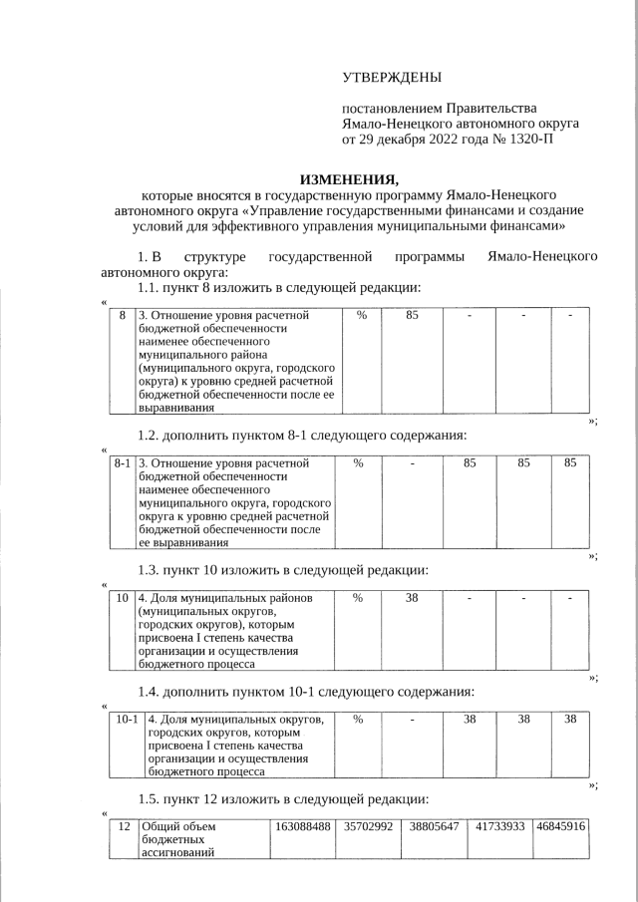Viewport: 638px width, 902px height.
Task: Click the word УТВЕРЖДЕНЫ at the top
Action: pyautogui.click(x=391, y=77)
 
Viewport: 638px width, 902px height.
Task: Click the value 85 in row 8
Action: pyautogui.click(x=412, y=316)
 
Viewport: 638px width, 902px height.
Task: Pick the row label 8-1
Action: pyautogui.click(x=123, y=463)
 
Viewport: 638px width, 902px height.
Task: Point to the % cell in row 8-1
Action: pyautogui.click(x=358, y=463)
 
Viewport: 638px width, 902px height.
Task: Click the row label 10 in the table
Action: pyautogui.click(x=122, y=598)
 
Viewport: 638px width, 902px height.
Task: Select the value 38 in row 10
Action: pyautogui.click(x=412, y=598)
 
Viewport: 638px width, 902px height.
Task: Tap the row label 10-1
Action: pyautogui.click(x=127, y=719)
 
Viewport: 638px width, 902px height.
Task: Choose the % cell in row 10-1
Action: pyautogui.click(x=358, y=719)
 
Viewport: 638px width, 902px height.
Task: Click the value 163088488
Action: pyautogui.click(x=302, y=826)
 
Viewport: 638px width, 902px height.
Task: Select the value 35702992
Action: pyautogui.click(x=368, y=826)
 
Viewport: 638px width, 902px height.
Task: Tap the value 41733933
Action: pyautogui.click(x=499, y=826)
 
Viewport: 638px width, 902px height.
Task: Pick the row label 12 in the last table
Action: pyautogui.click(x=124, y=826)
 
